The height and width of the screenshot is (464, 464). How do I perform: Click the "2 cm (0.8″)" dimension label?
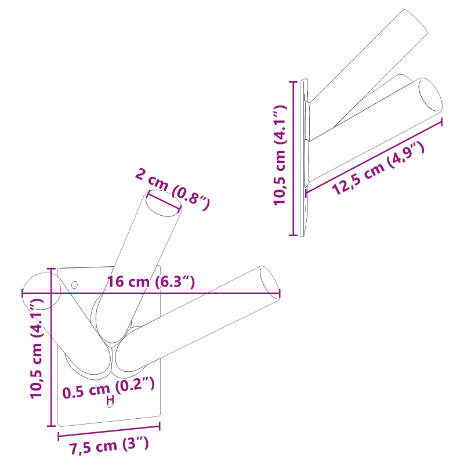[172, 188]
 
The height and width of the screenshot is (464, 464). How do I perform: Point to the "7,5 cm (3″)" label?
[110, 447]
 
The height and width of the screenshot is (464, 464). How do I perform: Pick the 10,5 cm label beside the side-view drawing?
[280, 155]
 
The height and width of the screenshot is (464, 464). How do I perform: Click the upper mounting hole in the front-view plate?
[74, 284]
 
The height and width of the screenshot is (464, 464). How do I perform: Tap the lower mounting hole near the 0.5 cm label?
[110, 403]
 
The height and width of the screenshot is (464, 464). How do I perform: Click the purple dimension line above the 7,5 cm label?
[109, 430]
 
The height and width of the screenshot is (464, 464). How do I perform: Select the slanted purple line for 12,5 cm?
[374, 155]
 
